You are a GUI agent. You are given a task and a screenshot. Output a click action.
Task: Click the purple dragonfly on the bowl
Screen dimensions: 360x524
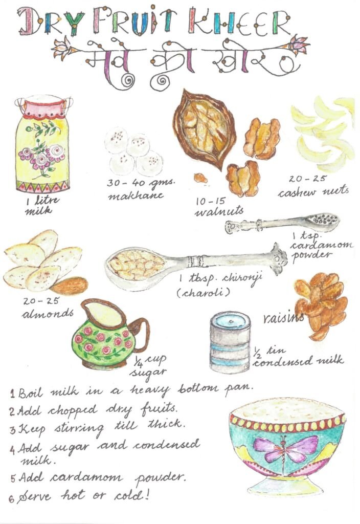coord(286,448)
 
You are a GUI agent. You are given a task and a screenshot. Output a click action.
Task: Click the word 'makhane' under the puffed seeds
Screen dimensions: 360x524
coord(136,195)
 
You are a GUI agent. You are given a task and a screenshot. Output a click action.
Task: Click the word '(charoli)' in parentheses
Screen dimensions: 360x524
coord(204,293)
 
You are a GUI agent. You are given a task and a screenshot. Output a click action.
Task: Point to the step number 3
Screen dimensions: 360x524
coord(13,429)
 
